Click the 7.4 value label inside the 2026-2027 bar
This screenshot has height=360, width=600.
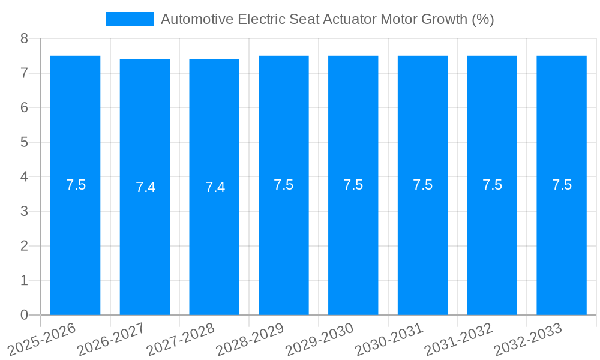[x=145, y=187]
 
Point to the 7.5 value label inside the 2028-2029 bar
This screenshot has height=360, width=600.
[x=284, y=185]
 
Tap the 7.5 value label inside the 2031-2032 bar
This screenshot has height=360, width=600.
[x=492, y=185]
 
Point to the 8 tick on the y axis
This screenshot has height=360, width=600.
[x=24, y=38]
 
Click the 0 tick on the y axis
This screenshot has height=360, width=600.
[x=24, y=315]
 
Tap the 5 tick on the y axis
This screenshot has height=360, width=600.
[x=24, y=142]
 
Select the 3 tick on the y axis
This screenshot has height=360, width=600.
[x=24, y=211]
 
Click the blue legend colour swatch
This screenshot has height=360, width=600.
[x=129, y=19]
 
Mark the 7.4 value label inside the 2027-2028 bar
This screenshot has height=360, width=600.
[x=215, y=187]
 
